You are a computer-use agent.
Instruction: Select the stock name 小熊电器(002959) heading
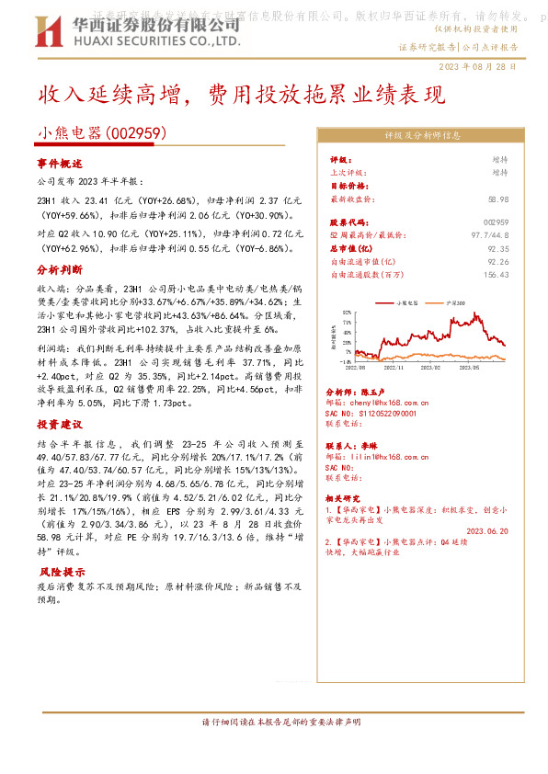[x=101, y=133]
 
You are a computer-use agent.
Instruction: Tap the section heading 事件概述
[x=60, y=163]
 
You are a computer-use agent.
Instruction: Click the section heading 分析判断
[x=60, y=271]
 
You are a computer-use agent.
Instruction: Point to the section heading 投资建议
[x=60, y=425]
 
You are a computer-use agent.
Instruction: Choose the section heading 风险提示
[x=60, y=572]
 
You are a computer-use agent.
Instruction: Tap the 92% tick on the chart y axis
[x=347, y=309]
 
